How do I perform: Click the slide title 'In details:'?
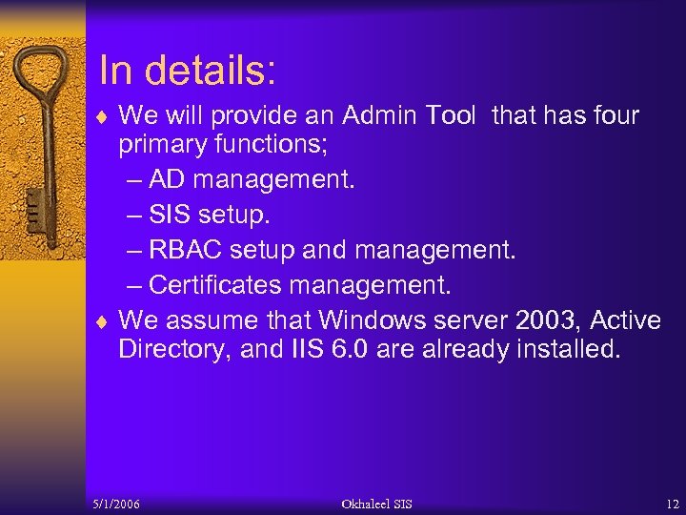[187, 72]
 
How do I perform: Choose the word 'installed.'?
[568, 349]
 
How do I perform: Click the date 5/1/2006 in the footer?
[116, 504]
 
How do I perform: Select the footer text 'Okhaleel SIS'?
[377, 504]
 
